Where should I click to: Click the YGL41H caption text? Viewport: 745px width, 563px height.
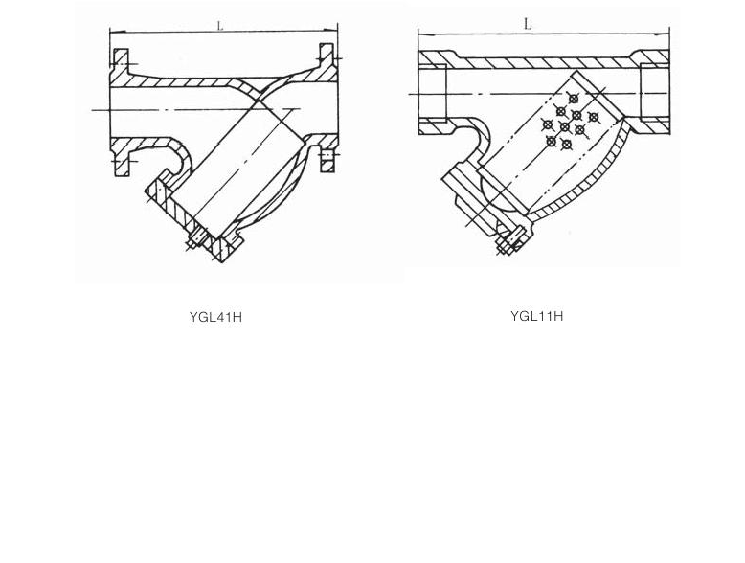tap(215, 317)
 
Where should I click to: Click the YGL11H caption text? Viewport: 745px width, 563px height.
tap(536, 316)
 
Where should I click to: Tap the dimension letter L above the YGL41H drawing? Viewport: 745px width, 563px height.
tap(220, 26)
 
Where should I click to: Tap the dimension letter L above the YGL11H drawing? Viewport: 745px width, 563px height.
tap(528, 24)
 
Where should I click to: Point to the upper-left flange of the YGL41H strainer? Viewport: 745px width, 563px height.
tap(120, 65)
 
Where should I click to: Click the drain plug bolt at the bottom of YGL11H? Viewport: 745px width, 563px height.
tap(508, 240)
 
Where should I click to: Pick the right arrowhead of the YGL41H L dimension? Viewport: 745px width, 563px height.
tap(334, 33)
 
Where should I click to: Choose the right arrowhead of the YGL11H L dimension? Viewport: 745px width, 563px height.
tap(666, 33)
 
